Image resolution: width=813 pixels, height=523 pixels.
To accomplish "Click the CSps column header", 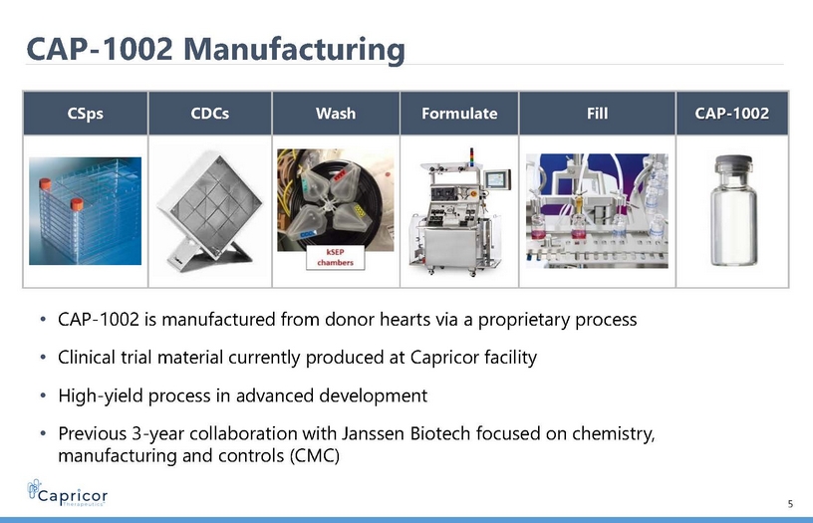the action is pos(85,113).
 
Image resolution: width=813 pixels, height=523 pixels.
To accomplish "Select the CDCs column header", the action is pos(210,113).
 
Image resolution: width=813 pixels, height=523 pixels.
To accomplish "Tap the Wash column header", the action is pos(336,113).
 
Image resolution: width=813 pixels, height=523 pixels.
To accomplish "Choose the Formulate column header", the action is pos(459,113).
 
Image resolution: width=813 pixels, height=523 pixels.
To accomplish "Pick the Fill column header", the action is pos(598,113).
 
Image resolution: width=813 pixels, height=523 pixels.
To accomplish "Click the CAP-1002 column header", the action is pos(732,113).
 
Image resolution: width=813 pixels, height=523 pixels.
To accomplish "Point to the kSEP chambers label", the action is pos(336,258).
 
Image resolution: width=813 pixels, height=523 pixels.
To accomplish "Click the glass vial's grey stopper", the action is pos(733,163).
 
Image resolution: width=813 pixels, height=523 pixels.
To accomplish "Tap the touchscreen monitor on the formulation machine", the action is pos(497,180).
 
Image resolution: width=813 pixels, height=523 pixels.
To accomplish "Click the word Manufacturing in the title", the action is pos(294,49).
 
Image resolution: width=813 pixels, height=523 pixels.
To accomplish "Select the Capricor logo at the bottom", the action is pos(68,492).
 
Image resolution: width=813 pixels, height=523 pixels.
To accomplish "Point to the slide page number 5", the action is pos(790,504).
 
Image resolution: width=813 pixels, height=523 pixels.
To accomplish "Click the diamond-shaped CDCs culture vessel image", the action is pos(210,211).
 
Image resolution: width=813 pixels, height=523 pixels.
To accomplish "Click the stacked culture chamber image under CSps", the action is pos(85,211).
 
